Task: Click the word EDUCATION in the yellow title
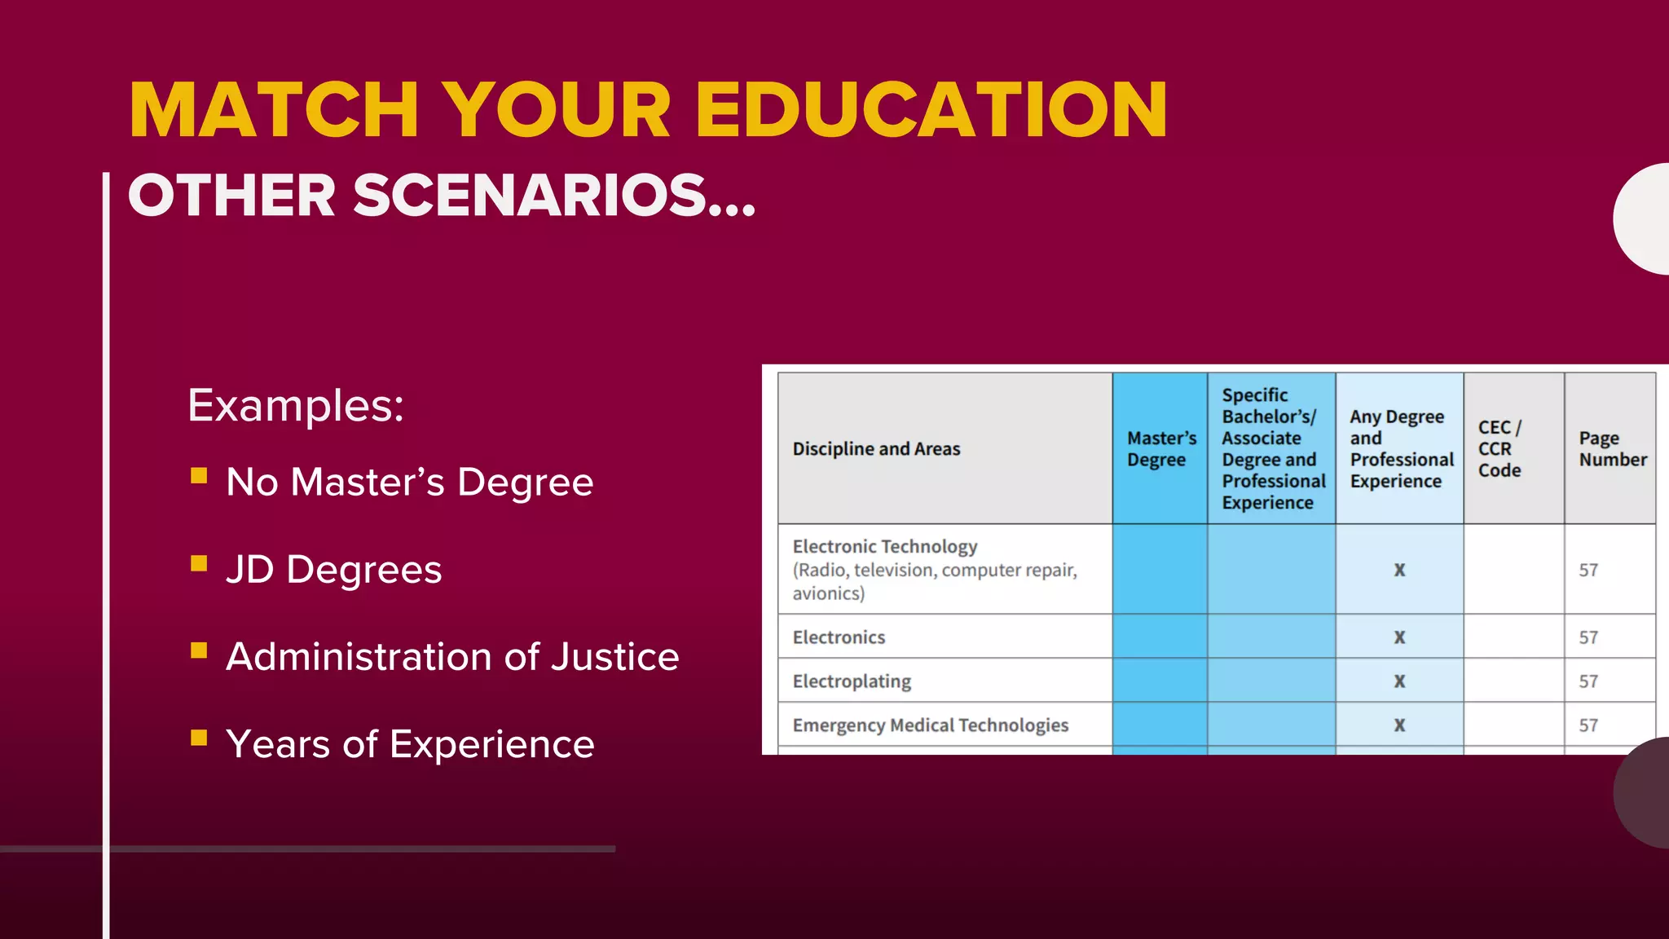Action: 931,110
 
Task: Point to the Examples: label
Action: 296,405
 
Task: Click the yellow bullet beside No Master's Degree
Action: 199,475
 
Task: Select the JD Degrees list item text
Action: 333,569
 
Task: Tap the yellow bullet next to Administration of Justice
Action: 199,650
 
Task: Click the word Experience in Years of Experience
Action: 492,744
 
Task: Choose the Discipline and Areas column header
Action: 876,449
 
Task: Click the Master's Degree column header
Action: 1160,449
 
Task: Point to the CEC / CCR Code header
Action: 1499,449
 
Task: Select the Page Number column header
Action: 1612,449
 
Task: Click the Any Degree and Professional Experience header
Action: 1400,449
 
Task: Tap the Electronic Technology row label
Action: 885,547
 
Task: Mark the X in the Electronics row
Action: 1399,637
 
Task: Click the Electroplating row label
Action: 852,681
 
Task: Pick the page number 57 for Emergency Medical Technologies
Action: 1588,725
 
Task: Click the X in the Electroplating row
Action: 1399,681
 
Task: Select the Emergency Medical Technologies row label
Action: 930,725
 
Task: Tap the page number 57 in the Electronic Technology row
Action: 1588,570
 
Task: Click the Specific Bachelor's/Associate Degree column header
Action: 1272,449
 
